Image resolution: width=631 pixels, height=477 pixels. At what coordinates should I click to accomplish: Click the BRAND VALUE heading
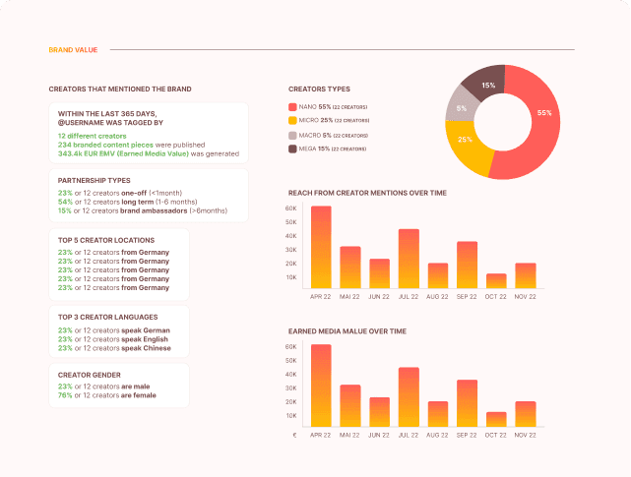tap(71, 49)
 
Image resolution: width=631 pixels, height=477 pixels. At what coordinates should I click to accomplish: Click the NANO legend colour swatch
tap(292, 106)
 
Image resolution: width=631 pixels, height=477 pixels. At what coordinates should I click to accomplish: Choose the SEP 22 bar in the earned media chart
tap(468, 402)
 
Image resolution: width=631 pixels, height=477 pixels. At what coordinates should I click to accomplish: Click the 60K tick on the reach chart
tap(290, 209)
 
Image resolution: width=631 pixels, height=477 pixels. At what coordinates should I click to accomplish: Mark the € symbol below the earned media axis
tap(292, 434)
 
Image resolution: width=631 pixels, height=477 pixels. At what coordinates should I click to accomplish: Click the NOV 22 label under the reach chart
tap(526, 296)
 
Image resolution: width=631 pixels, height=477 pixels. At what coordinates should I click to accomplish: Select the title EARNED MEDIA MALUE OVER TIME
tap(347, 331)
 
